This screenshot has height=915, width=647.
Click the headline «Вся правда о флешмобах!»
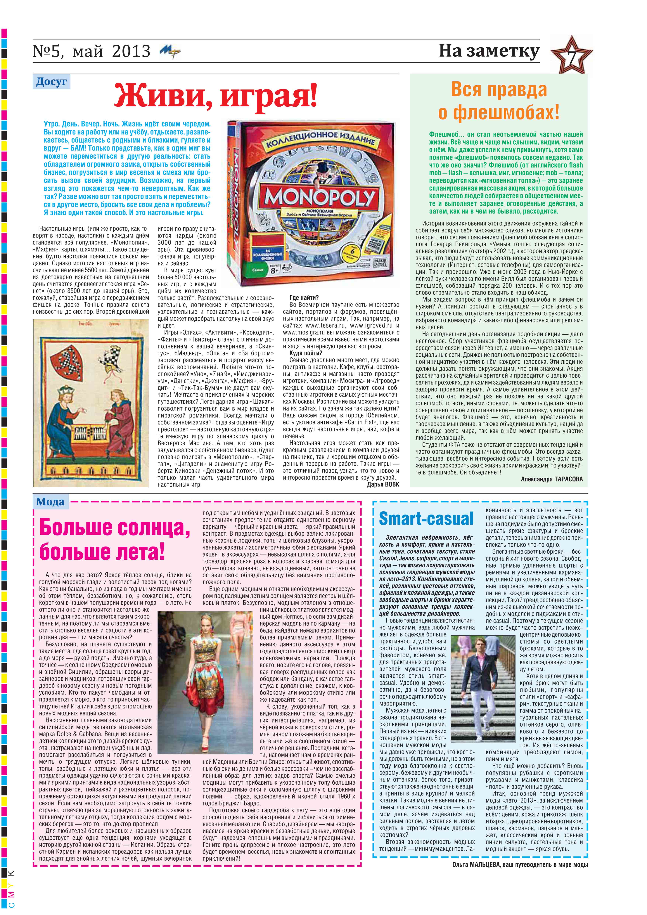(499, 101)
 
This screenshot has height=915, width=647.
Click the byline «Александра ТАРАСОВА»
(551, 479)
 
